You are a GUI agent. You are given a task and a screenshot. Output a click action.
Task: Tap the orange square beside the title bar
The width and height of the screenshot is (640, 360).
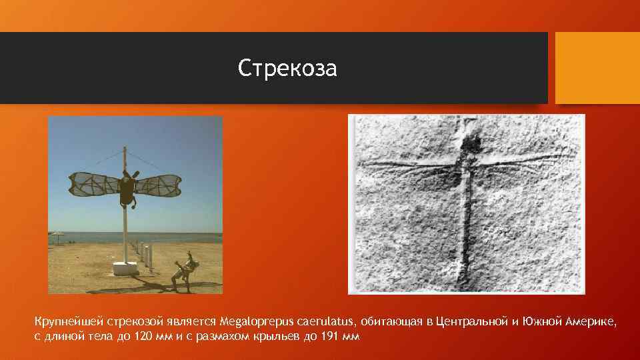[597, 68]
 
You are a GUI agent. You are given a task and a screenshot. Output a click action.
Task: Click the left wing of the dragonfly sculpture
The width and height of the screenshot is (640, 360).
[93, 185]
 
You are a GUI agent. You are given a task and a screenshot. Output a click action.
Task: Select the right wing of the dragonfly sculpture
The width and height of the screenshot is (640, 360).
[159, 185]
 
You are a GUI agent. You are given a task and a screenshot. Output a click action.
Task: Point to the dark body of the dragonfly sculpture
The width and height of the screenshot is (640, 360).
[126, 191]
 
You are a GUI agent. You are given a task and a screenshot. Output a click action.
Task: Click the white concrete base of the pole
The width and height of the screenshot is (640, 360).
[124, 268]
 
